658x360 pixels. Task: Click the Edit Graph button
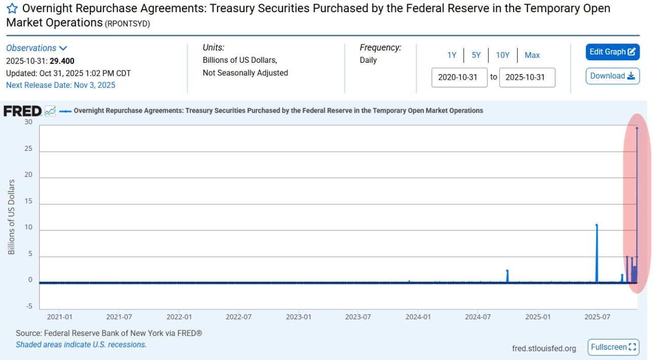coord(612,52)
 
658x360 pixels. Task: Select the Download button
coord(612,76)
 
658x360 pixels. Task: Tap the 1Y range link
coord(452,55)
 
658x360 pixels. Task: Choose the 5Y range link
coord(476,55)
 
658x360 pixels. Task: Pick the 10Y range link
coord(503,55)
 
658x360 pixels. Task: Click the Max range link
coord(532,55)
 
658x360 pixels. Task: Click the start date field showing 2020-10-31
coord(458,78)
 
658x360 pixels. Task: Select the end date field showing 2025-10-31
coord(526,78)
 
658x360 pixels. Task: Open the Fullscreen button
coord(613,347)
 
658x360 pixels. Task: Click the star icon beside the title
coord(12,9)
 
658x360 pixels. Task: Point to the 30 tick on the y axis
coord(28,122)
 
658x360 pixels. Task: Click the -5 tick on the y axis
coord(28,306)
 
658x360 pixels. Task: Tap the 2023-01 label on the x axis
coord(298,317)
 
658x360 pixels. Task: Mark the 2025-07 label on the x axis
coord(597,317)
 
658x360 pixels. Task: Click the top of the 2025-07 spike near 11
coord(597,225)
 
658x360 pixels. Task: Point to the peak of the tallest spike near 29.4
coord(637,128)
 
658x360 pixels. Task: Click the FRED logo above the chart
coord(23,111)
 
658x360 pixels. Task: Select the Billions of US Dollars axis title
coord(12,217)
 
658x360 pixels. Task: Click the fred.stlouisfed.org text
coord(544,348)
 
